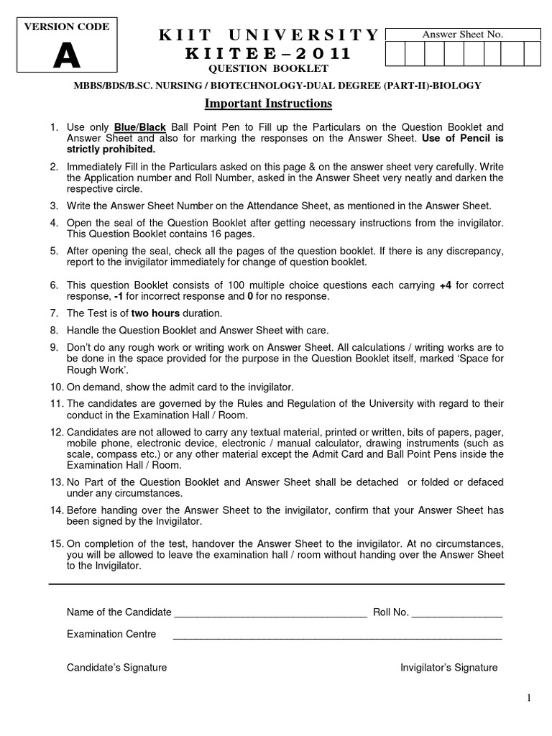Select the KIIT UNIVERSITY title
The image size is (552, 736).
tap(268, 35)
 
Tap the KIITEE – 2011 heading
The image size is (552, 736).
tap(268, 54)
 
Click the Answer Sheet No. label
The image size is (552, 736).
tap(463, 34)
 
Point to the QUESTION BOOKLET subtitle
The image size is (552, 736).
tap(268, 69)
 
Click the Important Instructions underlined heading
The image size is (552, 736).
tap(268, 103)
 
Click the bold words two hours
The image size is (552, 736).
tap(155, 313)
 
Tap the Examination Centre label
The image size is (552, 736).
tap(111, 635)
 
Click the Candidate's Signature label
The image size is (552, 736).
tap(116, 668)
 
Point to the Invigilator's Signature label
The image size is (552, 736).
tap(448, 668)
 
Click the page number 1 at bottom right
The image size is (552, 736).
tap(528, 697)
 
